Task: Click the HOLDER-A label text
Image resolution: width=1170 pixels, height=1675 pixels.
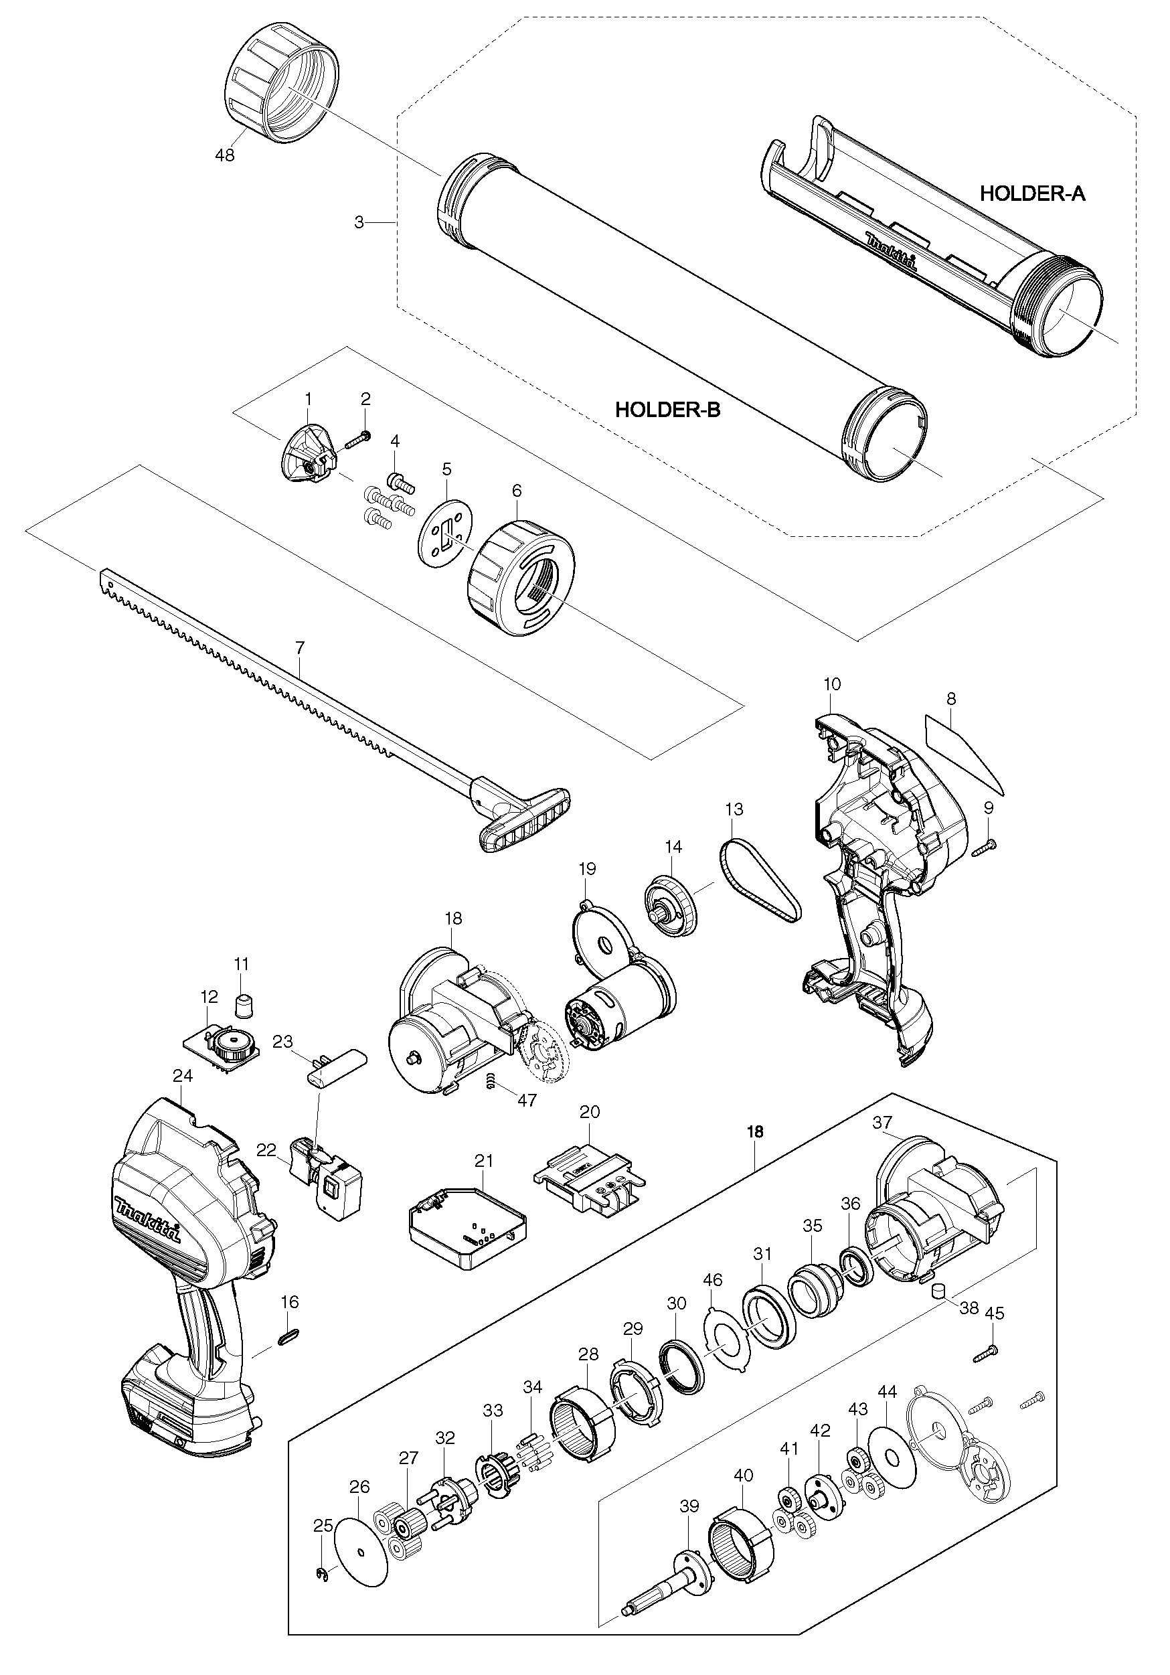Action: pos(1031,193)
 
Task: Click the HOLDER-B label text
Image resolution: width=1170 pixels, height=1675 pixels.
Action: pos(667,409)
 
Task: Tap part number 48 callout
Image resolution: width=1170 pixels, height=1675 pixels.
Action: pos(226,155)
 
